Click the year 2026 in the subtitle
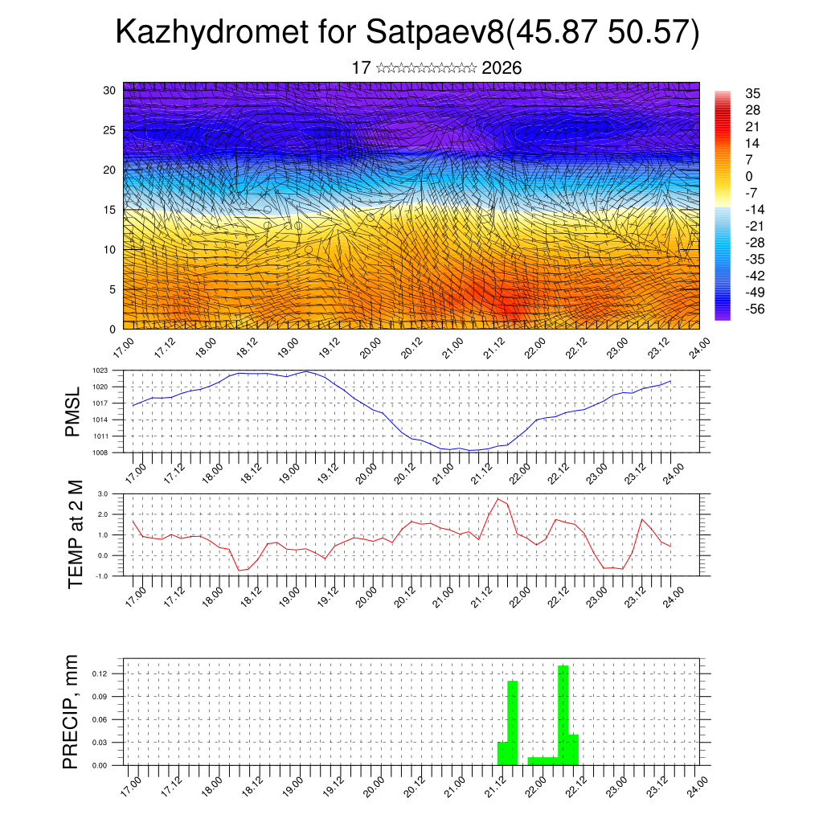tap(502, 68)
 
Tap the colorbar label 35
tap(753, 94)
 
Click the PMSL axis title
tap(73, 411)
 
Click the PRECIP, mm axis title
tap(72, 711)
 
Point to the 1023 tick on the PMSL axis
tap(100, 371)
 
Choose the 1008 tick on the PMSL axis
tap(100, 452)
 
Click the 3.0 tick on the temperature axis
tap(103, 493)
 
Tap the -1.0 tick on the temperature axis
tap(101, 576)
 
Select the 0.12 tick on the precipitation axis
tap(100, 674)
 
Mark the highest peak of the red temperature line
tap(497, 499)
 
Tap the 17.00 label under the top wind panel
tap(124, 348)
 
